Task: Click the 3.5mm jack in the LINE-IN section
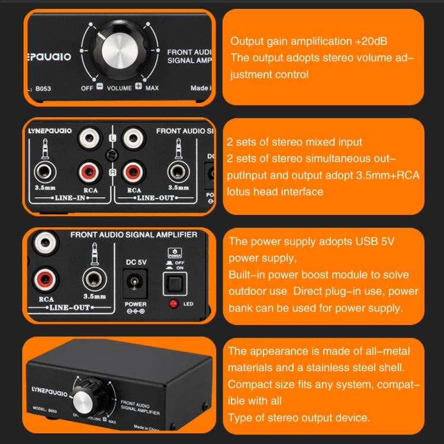(x=44, y=172)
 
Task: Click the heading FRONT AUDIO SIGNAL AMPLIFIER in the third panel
(x=134, y=235)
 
